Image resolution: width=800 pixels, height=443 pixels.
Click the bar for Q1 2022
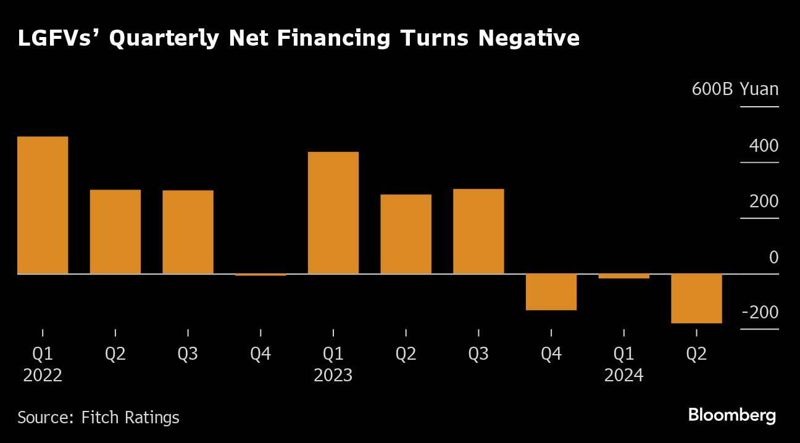tap(43, 205)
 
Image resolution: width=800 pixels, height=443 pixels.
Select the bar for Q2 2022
tap(115, 231)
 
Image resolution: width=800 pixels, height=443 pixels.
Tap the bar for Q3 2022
tap(188, 232)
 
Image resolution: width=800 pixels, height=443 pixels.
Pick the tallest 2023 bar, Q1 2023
tap(333, 212)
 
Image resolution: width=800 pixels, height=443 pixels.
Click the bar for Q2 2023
tap(406, 234)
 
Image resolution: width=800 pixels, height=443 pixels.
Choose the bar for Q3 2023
tap(478, 231)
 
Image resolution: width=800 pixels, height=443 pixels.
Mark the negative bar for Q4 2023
tap(551, 292)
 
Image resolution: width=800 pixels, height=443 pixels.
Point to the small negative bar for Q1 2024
tap(623, 276)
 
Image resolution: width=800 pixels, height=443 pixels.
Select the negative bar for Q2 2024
tap(696, 298)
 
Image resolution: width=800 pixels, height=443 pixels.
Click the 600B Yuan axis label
tap(735, 89)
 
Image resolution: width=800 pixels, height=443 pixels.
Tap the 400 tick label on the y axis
tap(764, 146)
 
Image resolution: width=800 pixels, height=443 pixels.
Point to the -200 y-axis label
tap(760, 313)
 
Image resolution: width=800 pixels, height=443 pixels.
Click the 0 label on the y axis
tap(773, 257)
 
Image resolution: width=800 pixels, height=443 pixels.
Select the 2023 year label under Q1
tap(333, 375)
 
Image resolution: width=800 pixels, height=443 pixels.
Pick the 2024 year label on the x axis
tap(623, 375)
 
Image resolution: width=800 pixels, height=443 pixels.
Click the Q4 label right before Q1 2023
tap(260, 354)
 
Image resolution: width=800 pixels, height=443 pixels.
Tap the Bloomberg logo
tap(732, 415)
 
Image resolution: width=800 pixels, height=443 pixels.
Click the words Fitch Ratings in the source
tap(130, 418)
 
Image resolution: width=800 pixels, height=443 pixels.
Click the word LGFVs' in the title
tap(56, 38)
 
